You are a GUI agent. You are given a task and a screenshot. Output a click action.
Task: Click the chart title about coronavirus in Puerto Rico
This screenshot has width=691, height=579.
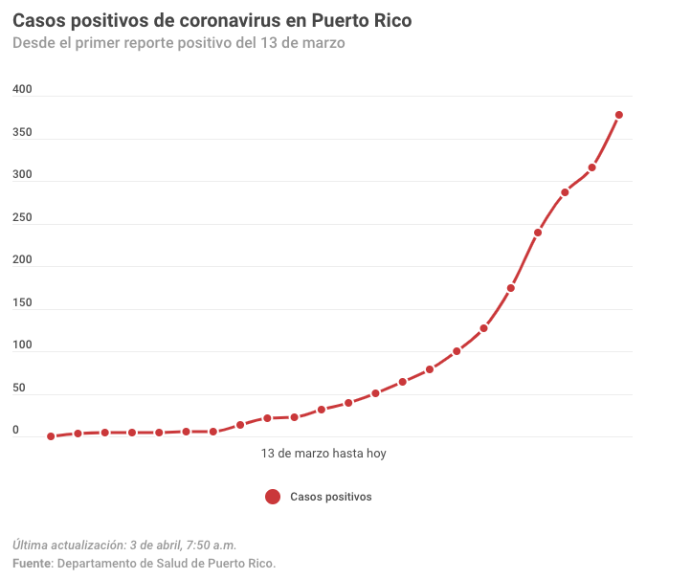[x=212, y=20]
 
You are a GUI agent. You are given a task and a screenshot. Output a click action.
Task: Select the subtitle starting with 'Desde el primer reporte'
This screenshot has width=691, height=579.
[x=179, y=43]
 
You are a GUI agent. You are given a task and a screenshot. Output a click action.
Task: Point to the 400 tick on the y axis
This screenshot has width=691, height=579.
[x=22, y=90]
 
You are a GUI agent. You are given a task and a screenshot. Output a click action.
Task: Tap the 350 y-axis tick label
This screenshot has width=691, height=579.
[x=22, y=133]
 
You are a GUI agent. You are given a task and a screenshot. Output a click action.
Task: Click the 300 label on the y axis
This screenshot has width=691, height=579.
[x=22, y=175]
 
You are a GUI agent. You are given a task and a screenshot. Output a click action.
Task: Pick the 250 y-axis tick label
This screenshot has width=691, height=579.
[x=22, y=218]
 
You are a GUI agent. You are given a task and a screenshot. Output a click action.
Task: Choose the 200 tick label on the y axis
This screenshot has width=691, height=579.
[x=22, y=260]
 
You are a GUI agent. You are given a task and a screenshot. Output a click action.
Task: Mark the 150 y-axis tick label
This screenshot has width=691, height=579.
[x=22, y=303]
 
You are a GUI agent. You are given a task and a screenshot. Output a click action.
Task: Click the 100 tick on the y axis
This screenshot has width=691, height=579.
[x=22, y=345]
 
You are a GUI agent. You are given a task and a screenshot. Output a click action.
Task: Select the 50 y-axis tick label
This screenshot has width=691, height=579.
[x=18, y=389]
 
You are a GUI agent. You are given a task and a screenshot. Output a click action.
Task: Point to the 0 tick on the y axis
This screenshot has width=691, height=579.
[x=15, y=431]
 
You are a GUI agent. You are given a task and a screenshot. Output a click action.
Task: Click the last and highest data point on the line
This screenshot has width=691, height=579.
[x=619, y=115]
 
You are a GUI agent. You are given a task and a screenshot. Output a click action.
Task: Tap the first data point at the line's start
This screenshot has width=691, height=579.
[x=51, y=436]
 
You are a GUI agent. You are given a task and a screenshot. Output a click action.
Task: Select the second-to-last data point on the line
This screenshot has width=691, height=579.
[x=592, y=167]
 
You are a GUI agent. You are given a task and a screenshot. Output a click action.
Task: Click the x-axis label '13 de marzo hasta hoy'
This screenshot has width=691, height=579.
[x=323, y=454]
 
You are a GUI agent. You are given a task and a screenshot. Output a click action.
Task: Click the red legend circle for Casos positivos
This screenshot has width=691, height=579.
[x=273, y=497]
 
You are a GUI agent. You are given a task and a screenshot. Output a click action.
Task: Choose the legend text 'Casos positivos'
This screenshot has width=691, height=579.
[x=331, y=497]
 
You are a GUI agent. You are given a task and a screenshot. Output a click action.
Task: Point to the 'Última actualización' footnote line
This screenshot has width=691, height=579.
[x=124, y=545]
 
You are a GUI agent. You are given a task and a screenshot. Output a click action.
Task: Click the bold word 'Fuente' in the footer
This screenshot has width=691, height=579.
[x=32, y=563]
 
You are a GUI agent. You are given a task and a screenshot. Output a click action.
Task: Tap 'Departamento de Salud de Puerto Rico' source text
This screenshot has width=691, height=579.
[x=167, y=563]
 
